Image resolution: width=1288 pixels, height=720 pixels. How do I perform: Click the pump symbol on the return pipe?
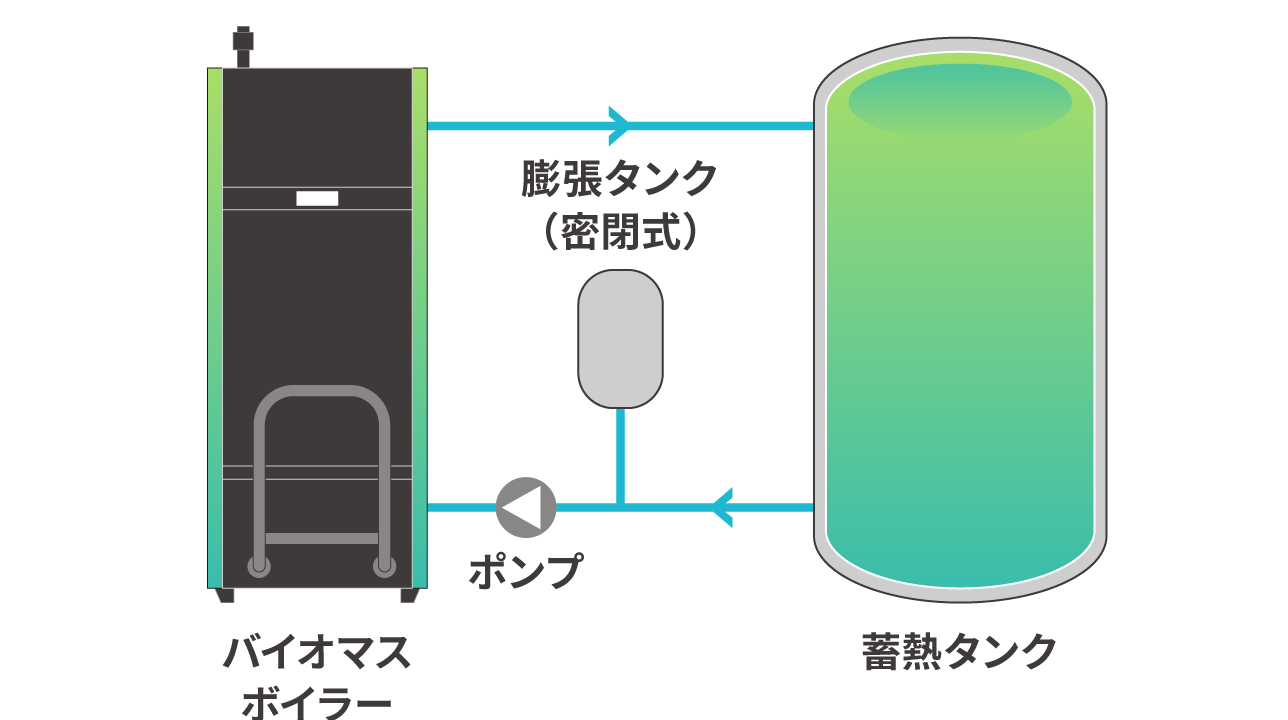click(x=526, y=507)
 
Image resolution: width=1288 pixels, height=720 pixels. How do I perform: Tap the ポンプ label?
click(x=526, y=570)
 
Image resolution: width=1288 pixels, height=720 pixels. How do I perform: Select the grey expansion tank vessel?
click(x=620, y=339)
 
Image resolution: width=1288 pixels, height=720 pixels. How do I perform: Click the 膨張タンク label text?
click(x=619, y=178)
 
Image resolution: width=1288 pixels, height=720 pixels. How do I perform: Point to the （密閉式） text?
click(x=620, y=231)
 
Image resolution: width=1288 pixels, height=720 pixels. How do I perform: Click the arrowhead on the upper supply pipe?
click(x=619, y=126)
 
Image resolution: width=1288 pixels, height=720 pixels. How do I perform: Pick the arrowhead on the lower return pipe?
click(x=722, y=507)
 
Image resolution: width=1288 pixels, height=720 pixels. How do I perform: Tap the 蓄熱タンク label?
click(x=959, y=652)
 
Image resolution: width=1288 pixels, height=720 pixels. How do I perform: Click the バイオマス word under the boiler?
click(x=317, y=652)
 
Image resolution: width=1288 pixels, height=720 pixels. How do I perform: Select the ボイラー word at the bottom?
click(x=317, y=703)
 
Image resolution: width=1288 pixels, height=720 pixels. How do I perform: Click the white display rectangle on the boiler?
click(x=317, y=198)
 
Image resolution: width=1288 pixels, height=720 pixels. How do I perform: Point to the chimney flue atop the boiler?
click(x=243, y=47)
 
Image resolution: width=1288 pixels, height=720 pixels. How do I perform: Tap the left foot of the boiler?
click(x=226, y=595)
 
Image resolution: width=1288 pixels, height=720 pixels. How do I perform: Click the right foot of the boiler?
click(x=409, y=595)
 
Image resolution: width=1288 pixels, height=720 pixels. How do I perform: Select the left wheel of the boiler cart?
click(x=259, y=566)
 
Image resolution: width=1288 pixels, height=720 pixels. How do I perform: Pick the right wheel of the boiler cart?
click(x=384, y=566)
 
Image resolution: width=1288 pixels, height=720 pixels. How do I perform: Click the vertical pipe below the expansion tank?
click(x=620, y=456)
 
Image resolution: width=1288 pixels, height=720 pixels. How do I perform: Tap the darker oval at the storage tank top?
click(x=960, y=102)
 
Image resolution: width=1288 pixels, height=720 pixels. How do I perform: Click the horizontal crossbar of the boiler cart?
click(x=321, y=539)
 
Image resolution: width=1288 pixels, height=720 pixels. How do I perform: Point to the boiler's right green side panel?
click(x=420, y=328)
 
